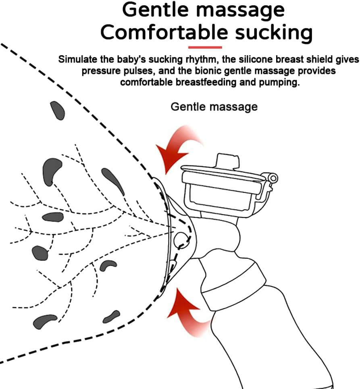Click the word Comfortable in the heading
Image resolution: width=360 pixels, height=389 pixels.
[x=164, y=32]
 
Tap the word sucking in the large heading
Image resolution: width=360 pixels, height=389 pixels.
[x=274, y=33]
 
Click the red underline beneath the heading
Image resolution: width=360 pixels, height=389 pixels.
[x=205, y=47]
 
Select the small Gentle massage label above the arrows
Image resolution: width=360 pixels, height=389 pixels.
[x=214, y=107]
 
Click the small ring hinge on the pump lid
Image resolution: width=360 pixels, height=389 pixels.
[x=273, y=178]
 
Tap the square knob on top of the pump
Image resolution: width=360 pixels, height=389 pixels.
[x=228, y=161]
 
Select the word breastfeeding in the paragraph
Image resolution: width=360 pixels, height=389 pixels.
[x=206, y=82]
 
